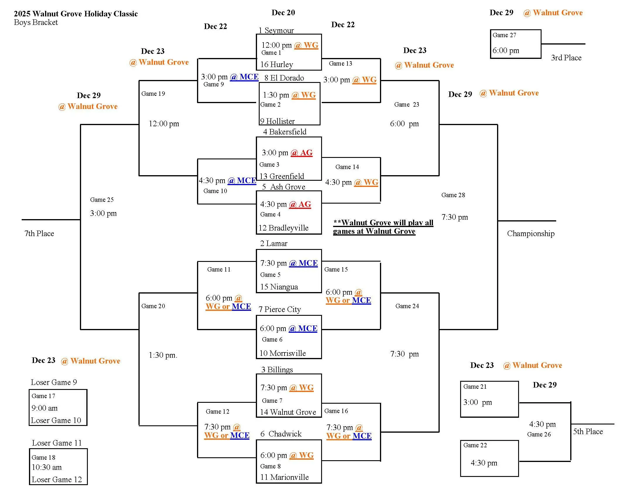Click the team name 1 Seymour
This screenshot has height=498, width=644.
(x=276, y=30)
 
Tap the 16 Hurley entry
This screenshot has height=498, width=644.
(x=277, y=64)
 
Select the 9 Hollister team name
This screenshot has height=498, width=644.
(x=277, y=121)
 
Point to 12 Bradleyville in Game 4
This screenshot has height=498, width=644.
(x=283, y=228)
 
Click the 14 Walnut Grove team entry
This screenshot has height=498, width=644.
(x=288, y=412)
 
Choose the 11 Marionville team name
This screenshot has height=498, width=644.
(x=284, y=477)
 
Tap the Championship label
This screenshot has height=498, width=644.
(x=530, y=233)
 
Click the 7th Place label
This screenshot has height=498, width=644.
(x=39, y=233)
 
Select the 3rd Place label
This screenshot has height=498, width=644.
(x=566, y=57)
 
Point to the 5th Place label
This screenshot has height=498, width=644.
(x=588, y=431)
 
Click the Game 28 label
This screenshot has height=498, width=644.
(x=453, y=195)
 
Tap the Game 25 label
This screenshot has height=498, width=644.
(x=102, y=200)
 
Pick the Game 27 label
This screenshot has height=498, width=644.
(x=504, y=35)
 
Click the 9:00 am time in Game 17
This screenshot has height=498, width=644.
(x=44, y=408)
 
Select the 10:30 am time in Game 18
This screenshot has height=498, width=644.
(x=47, y=467)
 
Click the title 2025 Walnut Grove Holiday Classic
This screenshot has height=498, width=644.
(x=76, y=14)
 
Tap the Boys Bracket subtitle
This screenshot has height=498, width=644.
(x=36, y=23)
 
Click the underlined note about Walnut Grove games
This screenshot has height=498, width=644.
(x=383, y=227)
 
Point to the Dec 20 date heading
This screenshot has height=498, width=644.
(x=283, y=13)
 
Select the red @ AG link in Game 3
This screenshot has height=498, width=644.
(x=301, y=153)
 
